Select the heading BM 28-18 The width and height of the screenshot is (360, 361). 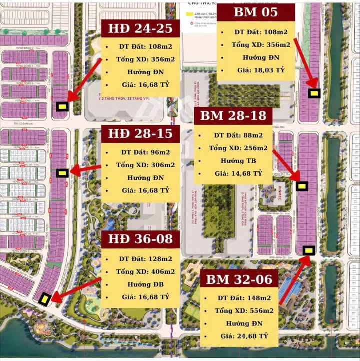[234, 116]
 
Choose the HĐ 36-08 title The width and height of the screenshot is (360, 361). [140, 239]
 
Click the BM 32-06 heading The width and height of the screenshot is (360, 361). [239, 279]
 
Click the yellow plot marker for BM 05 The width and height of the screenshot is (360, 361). [314, 93]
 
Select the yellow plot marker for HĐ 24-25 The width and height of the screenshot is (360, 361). [62, 106]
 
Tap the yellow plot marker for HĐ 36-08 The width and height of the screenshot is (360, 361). [45, 299]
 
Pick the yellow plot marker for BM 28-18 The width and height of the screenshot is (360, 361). [302, 186]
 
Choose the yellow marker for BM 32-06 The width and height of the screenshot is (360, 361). [308, 250]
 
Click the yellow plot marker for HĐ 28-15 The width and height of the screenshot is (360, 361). [62, 173]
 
